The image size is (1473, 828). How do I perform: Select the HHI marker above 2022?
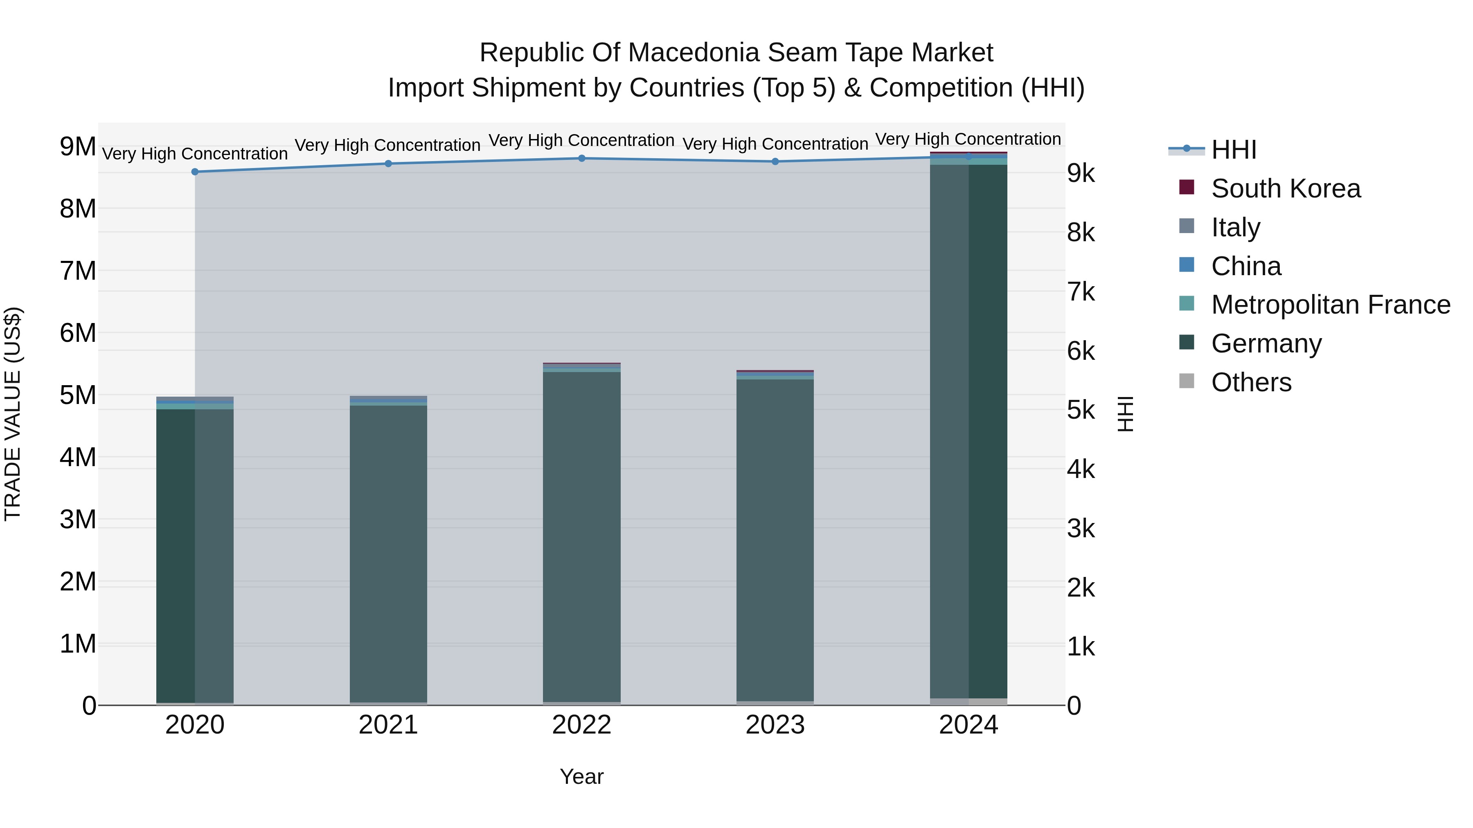[x=581, y=158]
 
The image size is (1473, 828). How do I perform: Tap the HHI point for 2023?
[x=775, y=162]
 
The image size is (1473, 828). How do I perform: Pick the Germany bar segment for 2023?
[x=775, y=540]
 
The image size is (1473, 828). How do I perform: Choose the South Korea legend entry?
[x=1286, y=188]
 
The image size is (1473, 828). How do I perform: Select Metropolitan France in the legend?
[x=1331, y=305]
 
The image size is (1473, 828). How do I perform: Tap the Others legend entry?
[x=1251, y=382]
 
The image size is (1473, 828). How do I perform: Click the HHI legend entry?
[x=1233, y=150]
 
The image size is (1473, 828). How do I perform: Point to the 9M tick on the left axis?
[x=78, y=147]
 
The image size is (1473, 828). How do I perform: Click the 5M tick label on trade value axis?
[x=78, y=395]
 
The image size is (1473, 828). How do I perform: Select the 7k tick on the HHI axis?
[x=1081, y=292]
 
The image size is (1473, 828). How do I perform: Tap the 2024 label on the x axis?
[x=968, y=725]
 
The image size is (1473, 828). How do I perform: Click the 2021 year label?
[x=388, y=725]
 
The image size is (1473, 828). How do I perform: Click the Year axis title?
[x=581, y=776]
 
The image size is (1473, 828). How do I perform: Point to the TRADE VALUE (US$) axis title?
[x=13, y=414]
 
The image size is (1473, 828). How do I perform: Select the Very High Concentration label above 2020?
[x=195, y=154]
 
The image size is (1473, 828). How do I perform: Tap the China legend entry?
[x=1246, y=266]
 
